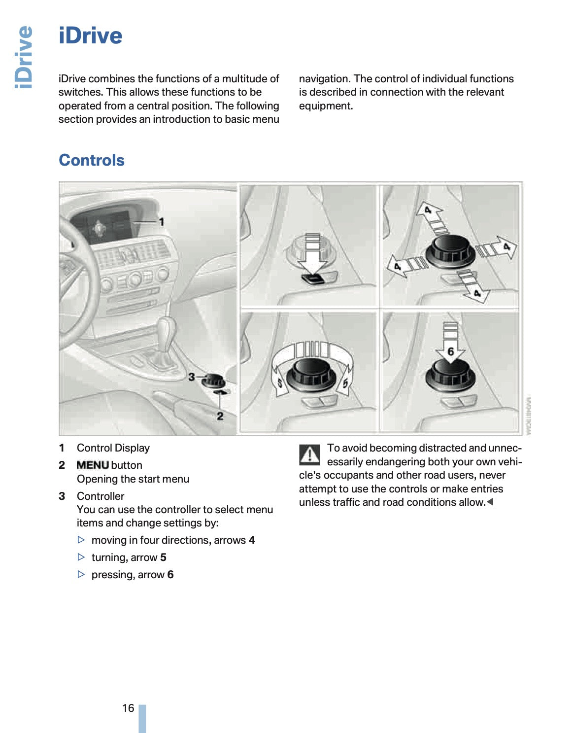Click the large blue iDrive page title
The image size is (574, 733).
point(91,36)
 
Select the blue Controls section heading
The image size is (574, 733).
point(92,160)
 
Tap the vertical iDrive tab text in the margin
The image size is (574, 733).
point(24,57)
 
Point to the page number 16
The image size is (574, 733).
point(128,708)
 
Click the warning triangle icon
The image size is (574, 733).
point(310,454)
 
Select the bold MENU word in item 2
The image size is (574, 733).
point(93,465)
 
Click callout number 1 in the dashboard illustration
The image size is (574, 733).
point(161,222)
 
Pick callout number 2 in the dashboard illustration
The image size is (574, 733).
point(220,416)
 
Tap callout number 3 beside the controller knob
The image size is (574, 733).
point(191,377)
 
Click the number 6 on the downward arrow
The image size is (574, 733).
point(450,351)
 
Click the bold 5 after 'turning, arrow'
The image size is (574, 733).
point(164,558)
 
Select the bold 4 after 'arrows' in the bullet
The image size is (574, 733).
point(252,540)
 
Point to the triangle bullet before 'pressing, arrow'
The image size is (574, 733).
point(82,575)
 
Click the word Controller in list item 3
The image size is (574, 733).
point(101,496)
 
